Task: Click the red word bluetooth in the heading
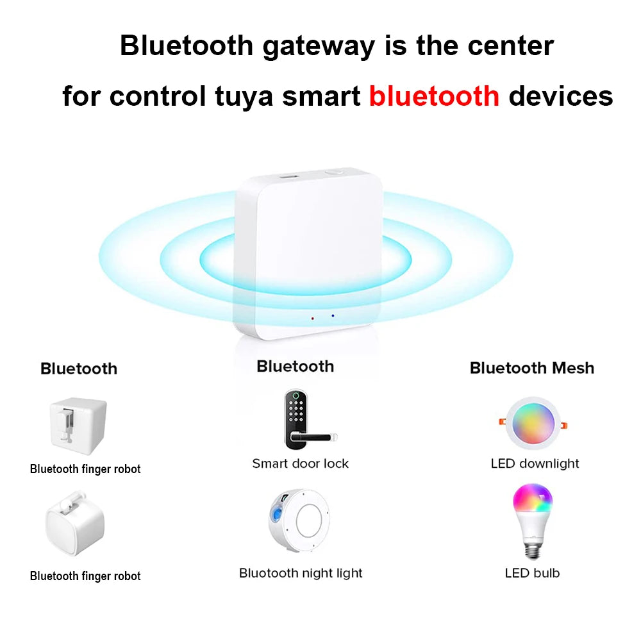pos(434,96)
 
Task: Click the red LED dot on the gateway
pos(313,317)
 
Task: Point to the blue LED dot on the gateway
pos(333,315)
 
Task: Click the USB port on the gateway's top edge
pos(288,174)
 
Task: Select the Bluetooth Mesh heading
pos(531,368)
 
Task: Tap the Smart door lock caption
pos(300,463)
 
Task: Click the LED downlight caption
pos(535,463)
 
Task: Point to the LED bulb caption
pos(532,573)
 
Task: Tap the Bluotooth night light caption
pos(301,573)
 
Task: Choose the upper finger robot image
pos(78,424)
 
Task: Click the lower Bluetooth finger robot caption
pos(85,576)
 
